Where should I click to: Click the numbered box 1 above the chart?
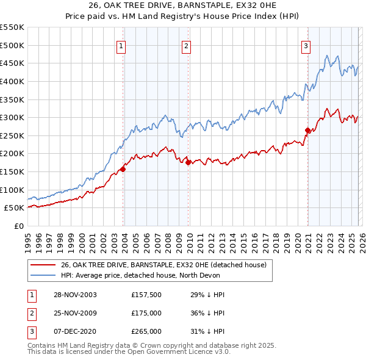tap(121, 45)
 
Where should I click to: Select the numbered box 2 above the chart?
tap(186, 45)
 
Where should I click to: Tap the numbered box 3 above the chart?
tap(306, 45)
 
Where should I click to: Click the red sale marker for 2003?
tap(123, 169)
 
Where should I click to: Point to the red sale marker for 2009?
tap(188, 162)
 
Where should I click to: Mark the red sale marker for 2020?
tap(307, 130)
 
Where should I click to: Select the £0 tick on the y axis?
tap(19, 226)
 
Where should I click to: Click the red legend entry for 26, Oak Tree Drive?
tap(163, 265)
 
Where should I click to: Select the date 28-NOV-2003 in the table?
tap(76, 295)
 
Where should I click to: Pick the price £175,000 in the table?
tap(146, 313)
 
